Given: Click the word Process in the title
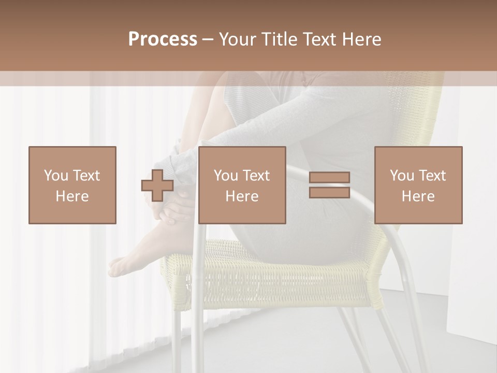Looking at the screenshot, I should [x=163, y=39].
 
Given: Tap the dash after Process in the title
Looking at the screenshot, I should [x=208, y=40].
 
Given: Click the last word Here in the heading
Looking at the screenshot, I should [x=361, y=39].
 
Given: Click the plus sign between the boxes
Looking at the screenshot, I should [x=157, y=185].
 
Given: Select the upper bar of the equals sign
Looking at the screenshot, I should [x=329, y=177].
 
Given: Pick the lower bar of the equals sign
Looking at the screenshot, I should [x=329, y=192].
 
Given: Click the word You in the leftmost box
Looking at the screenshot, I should [x=55, y=175].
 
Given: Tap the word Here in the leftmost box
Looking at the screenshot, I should [x=72, y=196].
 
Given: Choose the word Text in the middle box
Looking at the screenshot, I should [x=256, y=175].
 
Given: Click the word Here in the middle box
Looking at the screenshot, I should [x=242, y=196].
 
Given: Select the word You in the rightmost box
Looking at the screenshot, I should [x=402, y=175].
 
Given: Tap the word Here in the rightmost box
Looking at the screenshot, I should [x=418, y=196].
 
